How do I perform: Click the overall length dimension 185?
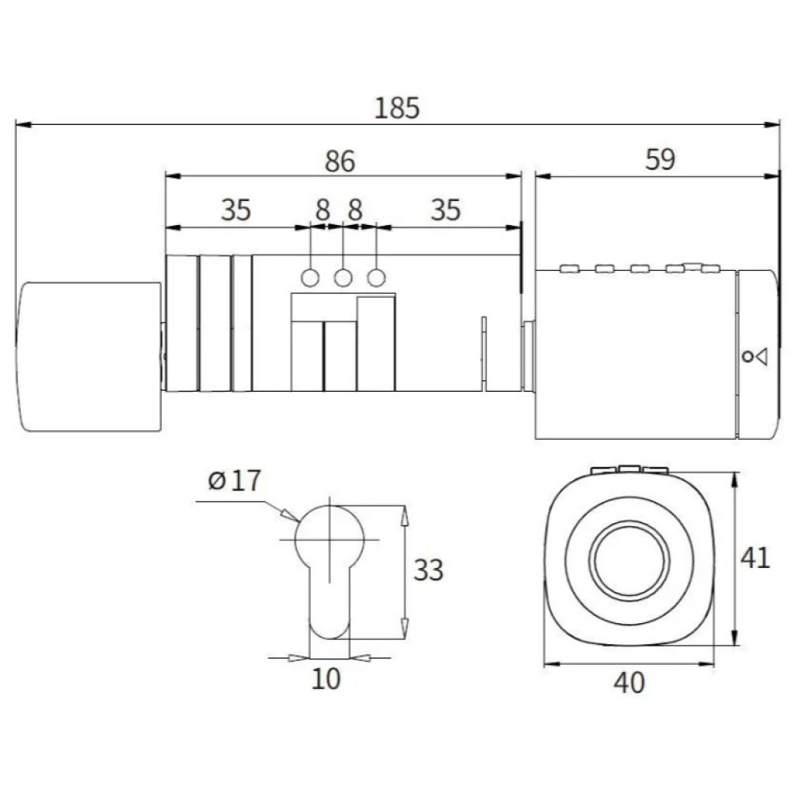click(x=397, y=108)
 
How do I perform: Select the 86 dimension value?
click(x=340, y=161)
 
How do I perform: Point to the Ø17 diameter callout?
click(x=235, y=480)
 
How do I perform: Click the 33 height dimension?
click(x=428, y=570)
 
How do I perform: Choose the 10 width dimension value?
click(x=325, y=679)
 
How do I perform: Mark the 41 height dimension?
click(x=755, y=557)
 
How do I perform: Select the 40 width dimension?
click(x=630, y=682)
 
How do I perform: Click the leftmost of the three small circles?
click(x=310, y=278)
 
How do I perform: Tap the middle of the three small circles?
click(x=344, y=278)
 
